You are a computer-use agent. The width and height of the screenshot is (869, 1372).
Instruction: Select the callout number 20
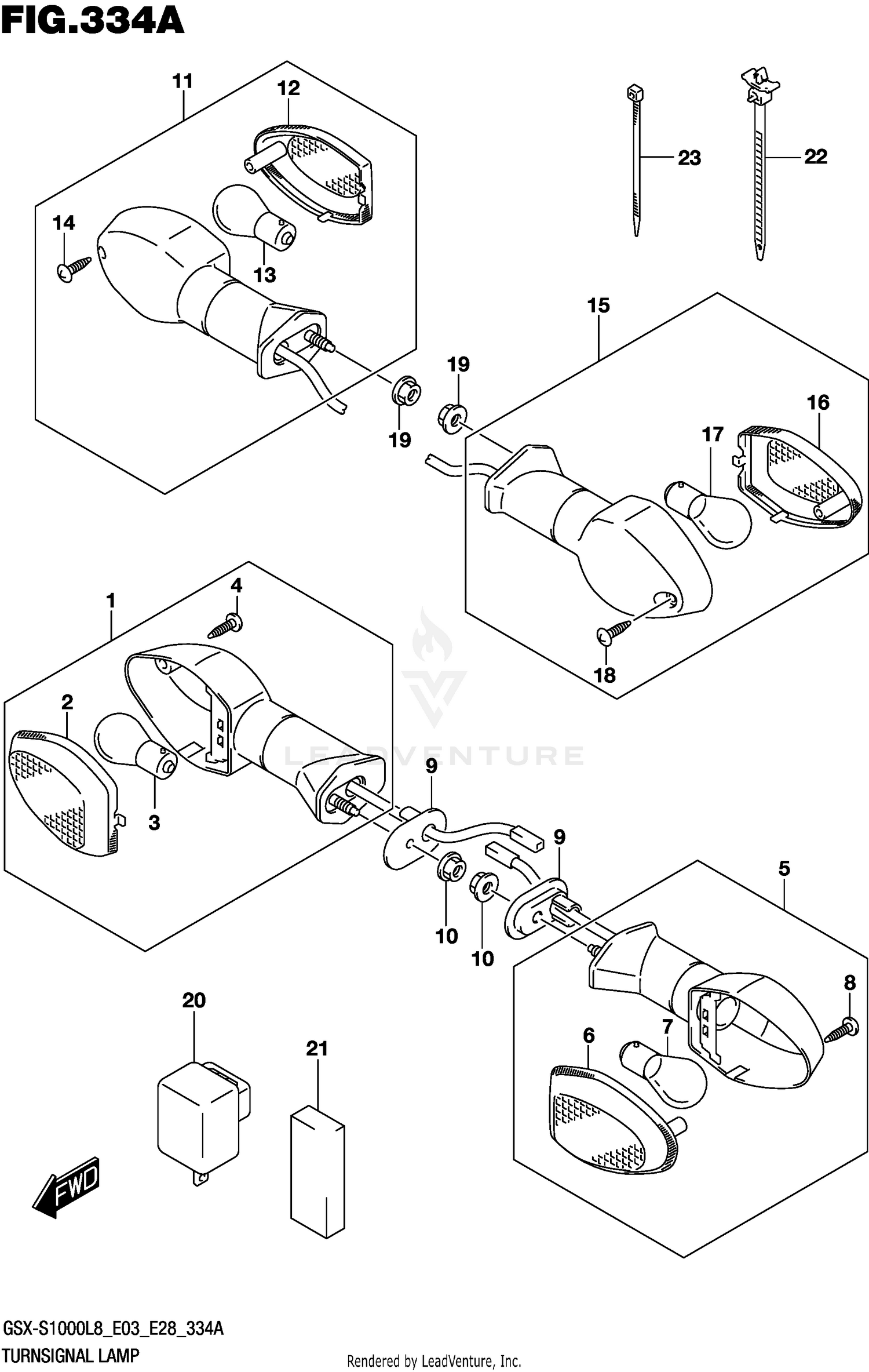(193, 1000)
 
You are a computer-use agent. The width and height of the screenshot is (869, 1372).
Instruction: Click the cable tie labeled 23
(636, 162)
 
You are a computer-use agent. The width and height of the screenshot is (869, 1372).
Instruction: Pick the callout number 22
(815, 157)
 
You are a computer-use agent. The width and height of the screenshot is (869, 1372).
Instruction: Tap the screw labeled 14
(74, 267)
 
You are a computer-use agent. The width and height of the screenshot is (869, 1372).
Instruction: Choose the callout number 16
(817, 402)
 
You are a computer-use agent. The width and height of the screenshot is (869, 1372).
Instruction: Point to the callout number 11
(182, 81)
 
